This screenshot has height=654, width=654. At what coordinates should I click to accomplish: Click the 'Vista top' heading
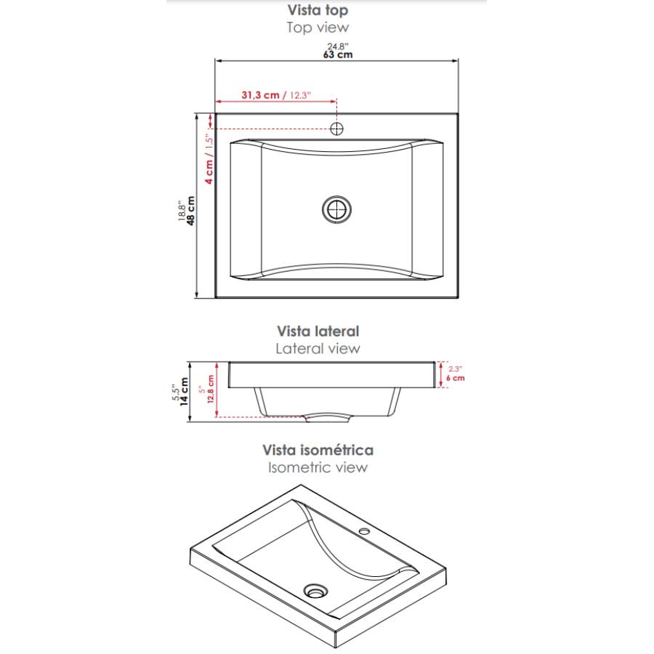(x=318, y=10)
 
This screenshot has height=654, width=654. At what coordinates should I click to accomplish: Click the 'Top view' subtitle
(x=318, y=28)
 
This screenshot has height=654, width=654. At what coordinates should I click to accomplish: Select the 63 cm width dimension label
(x=338, y=54)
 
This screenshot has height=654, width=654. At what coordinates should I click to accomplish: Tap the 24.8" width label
(x=338, y=46)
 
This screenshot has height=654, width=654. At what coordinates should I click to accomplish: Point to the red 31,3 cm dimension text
(x=260, y=95)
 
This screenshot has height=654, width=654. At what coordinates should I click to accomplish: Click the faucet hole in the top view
(x=336, y=129)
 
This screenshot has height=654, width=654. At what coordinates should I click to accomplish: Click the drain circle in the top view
(x=336, y=209)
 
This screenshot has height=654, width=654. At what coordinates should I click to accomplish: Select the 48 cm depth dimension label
(x=190, y=211)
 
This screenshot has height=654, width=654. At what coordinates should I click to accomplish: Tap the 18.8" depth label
(x=182, y=211)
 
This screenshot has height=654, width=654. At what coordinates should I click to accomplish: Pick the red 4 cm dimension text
(x=209, y=171)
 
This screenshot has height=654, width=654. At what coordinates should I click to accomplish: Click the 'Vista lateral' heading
(x=318, y=331)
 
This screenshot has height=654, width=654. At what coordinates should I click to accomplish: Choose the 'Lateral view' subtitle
(x=318, y=349)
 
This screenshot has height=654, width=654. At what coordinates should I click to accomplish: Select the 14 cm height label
(x=184, y=392)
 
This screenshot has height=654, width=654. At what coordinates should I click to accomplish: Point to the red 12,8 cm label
(x=211, y=389)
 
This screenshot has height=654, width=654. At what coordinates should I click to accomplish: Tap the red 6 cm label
(x=455, y=379)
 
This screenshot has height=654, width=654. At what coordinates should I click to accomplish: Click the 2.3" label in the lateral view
(x=455, y=369)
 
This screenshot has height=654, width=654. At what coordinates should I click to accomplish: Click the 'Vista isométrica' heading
(x=318, y=451)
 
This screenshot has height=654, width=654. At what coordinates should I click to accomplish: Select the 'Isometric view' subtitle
(x=318, y=467)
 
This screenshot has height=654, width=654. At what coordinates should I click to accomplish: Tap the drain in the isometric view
(x=316, y=591)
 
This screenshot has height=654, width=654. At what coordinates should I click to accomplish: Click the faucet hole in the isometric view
(x=365, y=531)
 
